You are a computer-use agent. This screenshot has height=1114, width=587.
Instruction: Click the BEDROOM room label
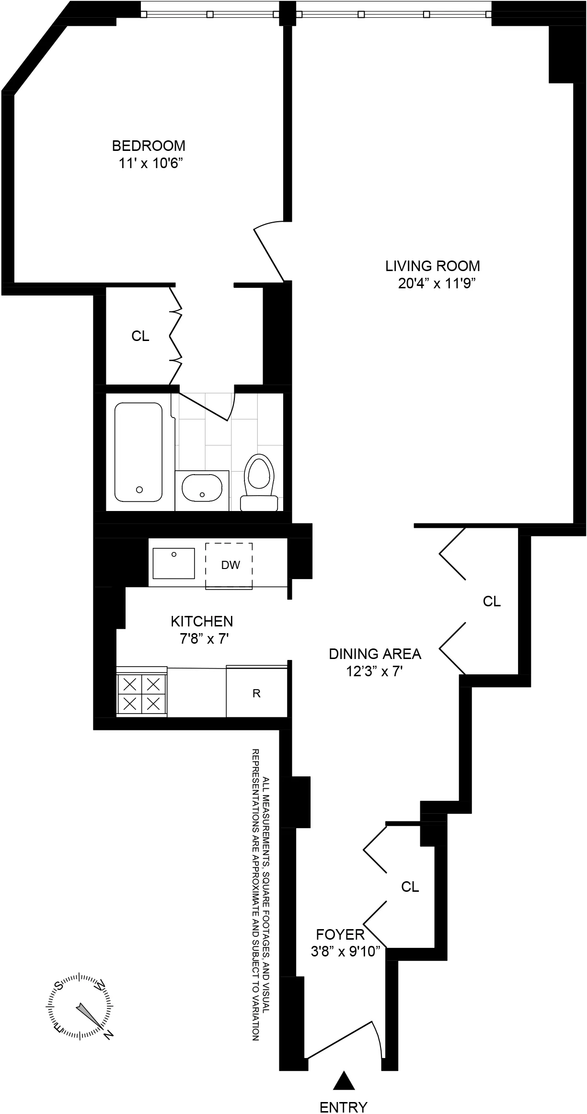[x=149, y=145]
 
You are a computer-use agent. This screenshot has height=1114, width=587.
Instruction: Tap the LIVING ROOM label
[x=433, y=266]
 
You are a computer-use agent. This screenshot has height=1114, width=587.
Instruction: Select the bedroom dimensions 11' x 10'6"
[x=151, y=163]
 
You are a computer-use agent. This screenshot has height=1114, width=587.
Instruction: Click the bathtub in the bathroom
[x=138, y=452]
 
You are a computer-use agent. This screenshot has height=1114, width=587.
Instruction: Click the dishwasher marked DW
[x=230, y=565]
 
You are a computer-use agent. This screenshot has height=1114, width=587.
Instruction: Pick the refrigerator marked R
[x=256, y=693]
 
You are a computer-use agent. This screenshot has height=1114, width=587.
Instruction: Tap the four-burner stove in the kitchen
[x=141, y=693]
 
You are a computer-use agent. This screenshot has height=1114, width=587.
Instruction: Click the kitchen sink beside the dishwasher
[x=173, y=563]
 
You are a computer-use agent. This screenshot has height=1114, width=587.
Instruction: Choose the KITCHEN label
[x=202, y=621]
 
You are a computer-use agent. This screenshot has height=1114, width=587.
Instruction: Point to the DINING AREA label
[x=375, y=654]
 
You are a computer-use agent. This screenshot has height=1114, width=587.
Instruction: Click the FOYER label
[x=340, y=934]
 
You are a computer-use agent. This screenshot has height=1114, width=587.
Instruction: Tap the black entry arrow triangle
[x=343, y=1075]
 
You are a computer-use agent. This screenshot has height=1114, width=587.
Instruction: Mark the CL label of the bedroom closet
[x=140, y=336]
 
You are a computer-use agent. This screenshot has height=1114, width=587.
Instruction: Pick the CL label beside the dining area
[x=492, y=601]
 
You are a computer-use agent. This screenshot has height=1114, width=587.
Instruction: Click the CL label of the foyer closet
[x=410, y=887]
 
